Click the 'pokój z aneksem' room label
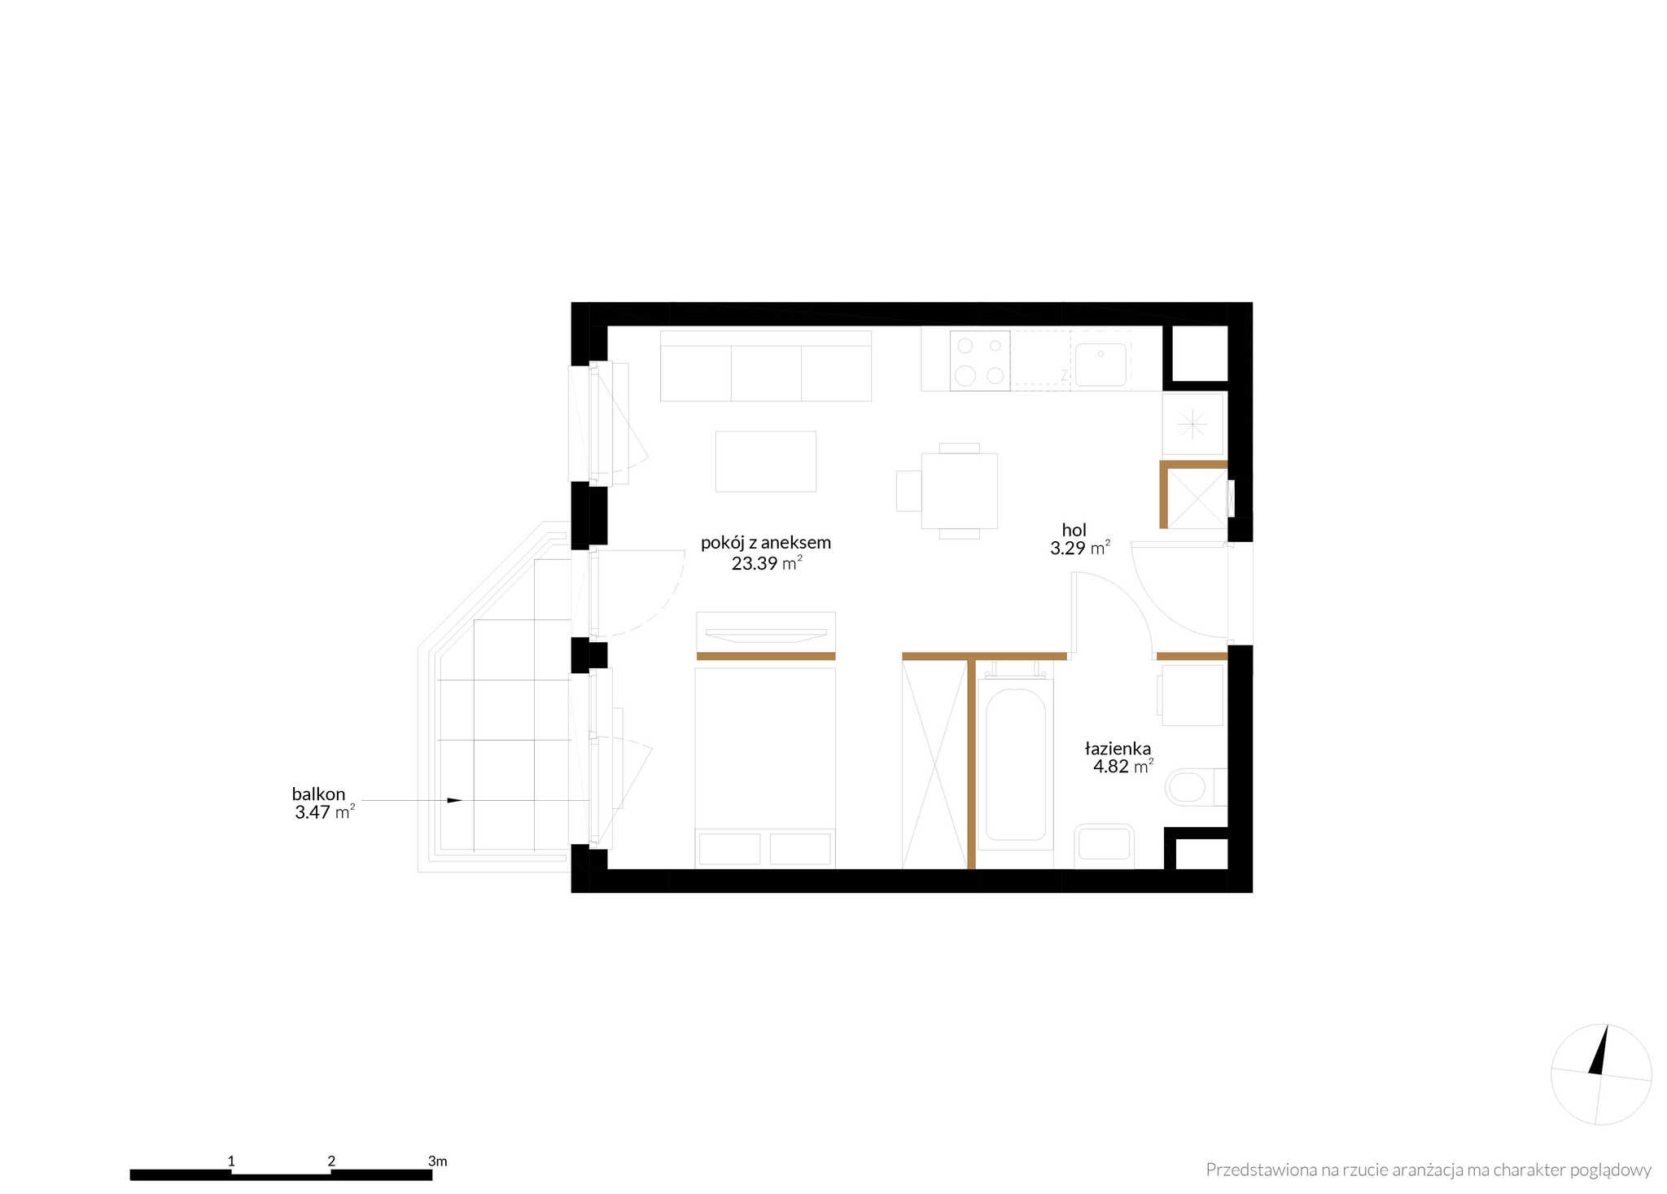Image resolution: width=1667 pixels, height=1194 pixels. point(765,543)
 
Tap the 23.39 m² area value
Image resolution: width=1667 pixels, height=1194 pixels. point(767,563)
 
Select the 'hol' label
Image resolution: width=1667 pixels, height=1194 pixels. point(1074,530)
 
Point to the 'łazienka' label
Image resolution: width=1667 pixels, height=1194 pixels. point(1118,749)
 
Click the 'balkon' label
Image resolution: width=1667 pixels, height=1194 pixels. point(318,794)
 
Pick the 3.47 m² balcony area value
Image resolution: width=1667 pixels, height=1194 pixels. point(325,811)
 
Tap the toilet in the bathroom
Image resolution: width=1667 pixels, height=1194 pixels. point(1196,787)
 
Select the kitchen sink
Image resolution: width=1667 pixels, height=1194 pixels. point(1100,364)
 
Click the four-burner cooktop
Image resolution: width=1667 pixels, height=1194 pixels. point(980,361)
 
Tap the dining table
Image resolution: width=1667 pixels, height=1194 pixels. point(959,491)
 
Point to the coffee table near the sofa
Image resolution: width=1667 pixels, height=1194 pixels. point(765,461)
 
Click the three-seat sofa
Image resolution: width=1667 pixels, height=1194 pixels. point(765,365)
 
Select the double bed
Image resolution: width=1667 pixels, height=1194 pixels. point(765,768)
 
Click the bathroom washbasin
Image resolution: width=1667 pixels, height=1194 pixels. point(1105,845)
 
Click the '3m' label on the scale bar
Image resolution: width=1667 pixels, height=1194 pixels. point(437,1161)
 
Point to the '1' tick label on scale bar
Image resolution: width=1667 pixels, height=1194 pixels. point(231,1161)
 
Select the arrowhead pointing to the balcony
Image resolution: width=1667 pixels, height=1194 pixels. point(454,801)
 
